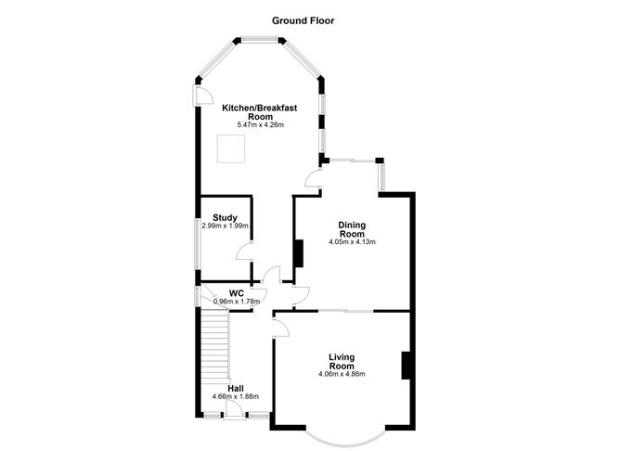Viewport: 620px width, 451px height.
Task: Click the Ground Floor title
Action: pos(303,20)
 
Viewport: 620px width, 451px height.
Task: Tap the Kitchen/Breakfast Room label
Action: pos(259,112)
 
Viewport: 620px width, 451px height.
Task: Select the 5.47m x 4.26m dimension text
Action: pos(260,125)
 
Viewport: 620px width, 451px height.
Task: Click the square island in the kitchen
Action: pos(231,148)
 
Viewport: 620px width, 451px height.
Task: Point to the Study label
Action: pos(225,218)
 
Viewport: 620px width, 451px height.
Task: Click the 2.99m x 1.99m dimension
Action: pos(225,226)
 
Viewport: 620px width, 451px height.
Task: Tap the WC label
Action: pos(237,293)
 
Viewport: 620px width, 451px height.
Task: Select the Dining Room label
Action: pos(352,229)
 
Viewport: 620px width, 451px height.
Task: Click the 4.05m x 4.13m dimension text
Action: pos(352,241)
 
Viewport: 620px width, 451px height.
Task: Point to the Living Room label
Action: pos(342,362)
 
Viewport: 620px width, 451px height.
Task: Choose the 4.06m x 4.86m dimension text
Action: pos(342,374)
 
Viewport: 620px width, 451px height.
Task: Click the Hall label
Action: pos(236,389)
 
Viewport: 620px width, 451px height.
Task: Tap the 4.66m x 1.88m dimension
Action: pos(236,396)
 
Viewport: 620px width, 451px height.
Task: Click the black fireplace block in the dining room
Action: pos(299,253)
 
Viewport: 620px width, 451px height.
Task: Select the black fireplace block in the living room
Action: pos(406,366)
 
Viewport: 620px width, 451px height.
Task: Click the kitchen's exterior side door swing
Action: pos(202,96)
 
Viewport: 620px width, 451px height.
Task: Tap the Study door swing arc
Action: pos(244,251)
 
